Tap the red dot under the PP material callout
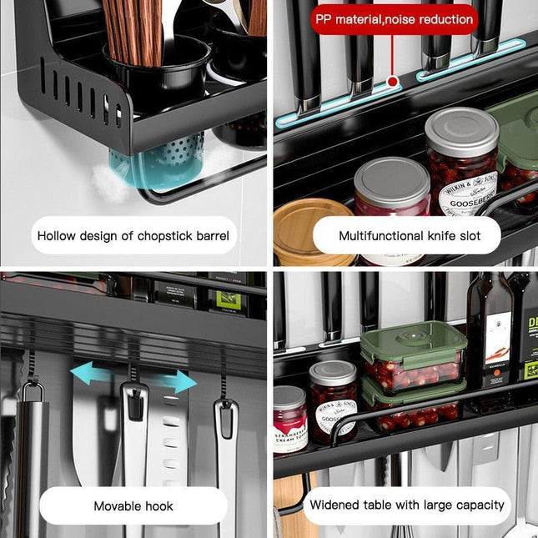point(391,83)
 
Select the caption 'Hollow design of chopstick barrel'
point(133,236)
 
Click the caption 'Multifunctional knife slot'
point(409,236)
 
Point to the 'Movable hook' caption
point(133,505)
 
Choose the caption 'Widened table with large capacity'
point(407,505)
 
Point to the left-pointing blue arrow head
point(78,370)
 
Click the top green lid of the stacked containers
point(413,342)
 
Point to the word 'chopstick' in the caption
point(165,236)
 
